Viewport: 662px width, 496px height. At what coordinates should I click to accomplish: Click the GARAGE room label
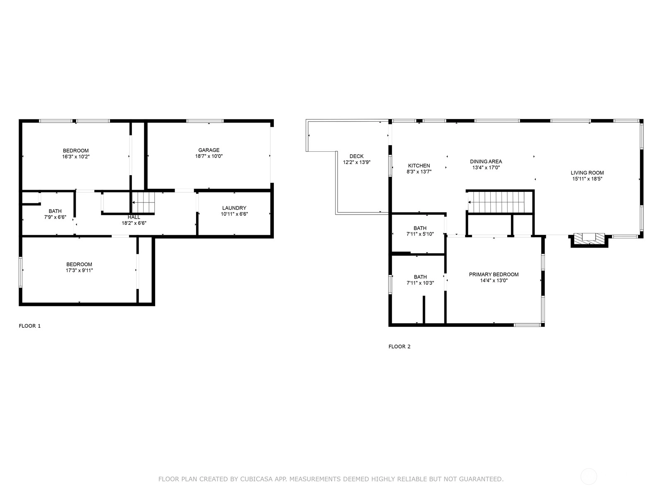(x=209, y=150)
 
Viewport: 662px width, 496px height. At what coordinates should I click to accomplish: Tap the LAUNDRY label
(x=234, y=208)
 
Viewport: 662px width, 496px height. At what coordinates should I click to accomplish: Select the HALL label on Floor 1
(x=134, y=217)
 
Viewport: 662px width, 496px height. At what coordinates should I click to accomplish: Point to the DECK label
(x=357, y=156)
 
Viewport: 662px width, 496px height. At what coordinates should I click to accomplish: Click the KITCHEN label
(x=419, y=166)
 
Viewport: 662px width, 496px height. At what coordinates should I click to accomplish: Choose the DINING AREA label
(x=486, y=162)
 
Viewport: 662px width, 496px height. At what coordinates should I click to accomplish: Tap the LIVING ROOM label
(x=587, y=173)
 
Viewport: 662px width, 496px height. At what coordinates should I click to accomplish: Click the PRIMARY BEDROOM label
(x=494, y=274)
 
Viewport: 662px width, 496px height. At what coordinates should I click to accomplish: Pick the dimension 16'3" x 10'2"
(x=76, y=157)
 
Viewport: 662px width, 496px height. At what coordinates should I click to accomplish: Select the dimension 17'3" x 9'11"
(x=79, y=270)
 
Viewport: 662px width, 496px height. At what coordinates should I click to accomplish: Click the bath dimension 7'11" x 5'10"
(x=420, y=234)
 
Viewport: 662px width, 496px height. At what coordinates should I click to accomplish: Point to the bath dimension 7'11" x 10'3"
(x=420, y=283)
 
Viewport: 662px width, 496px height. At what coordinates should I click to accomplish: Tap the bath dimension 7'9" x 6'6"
(x=55, y=217)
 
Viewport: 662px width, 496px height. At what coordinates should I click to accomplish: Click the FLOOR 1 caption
(x=29, y=326)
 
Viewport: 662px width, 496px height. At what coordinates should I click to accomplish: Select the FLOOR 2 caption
(x=399, y=347)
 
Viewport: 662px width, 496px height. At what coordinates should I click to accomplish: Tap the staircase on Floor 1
(x=144, y=203)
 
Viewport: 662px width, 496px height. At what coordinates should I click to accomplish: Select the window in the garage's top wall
(x=205, y=121)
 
